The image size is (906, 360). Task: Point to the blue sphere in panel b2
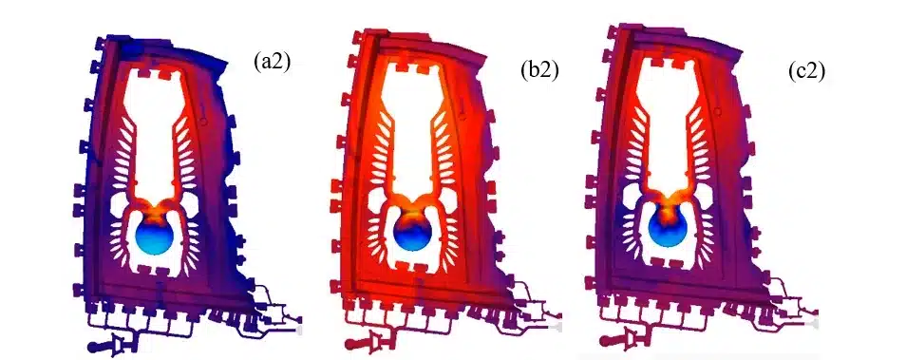point(415,236)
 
